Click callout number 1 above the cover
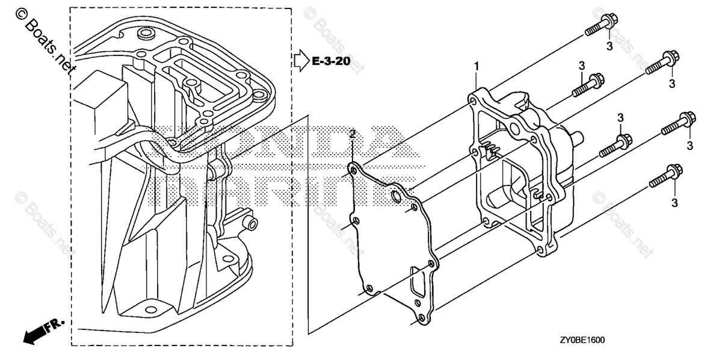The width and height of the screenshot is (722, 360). tap(476, 64)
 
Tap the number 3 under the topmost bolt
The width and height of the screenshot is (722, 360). tap(608, 46)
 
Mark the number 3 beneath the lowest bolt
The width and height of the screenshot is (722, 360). tap(674, 203)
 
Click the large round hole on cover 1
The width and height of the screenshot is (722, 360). tap(513, 128)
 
